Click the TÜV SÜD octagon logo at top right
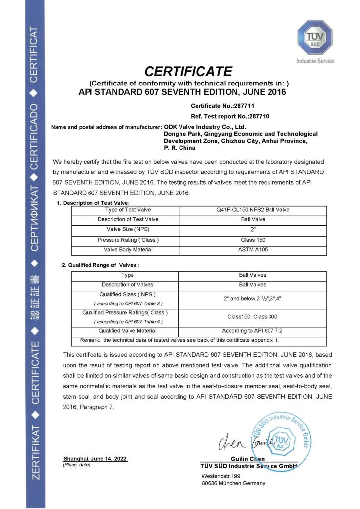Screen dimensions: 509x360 click(x=315, y=38)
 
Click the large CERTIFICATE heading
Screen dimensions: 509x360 click(x=188, y=71)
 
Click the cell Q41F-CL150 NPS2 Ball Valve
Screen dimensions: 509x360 click(x=250, y=210)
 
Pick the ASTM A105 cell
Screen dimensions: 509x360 click(x=250, y=250)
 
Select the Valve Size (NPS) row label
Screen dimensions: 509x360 click(x=128, y=230)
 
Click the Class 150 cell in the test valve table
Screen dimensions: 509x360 click(x=250, y=240)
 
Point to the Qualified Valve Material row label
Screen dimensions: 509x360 click(x=128, y=330)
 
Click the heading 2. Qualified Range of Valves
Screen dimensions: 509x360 click(x=100, y=265)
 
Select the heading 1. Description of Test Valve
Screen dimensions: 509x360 click(x=93, y=203)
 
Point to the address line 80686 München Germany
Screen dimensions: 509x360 click(x=233, y=483)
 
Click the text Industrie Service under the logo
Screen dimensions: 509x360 click(x=315, y=61)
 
